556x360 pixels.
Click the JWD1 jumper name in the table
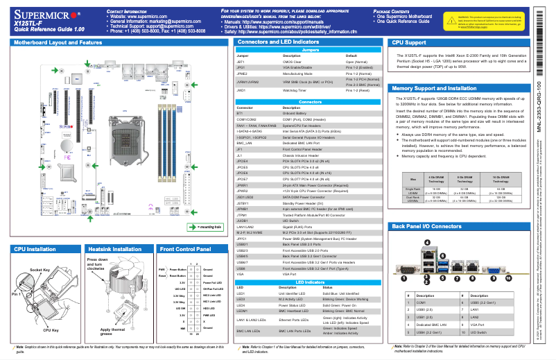241,90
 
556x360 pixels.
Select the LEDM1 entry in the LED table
242,311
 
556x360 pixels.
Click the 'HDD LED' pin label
209,308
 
